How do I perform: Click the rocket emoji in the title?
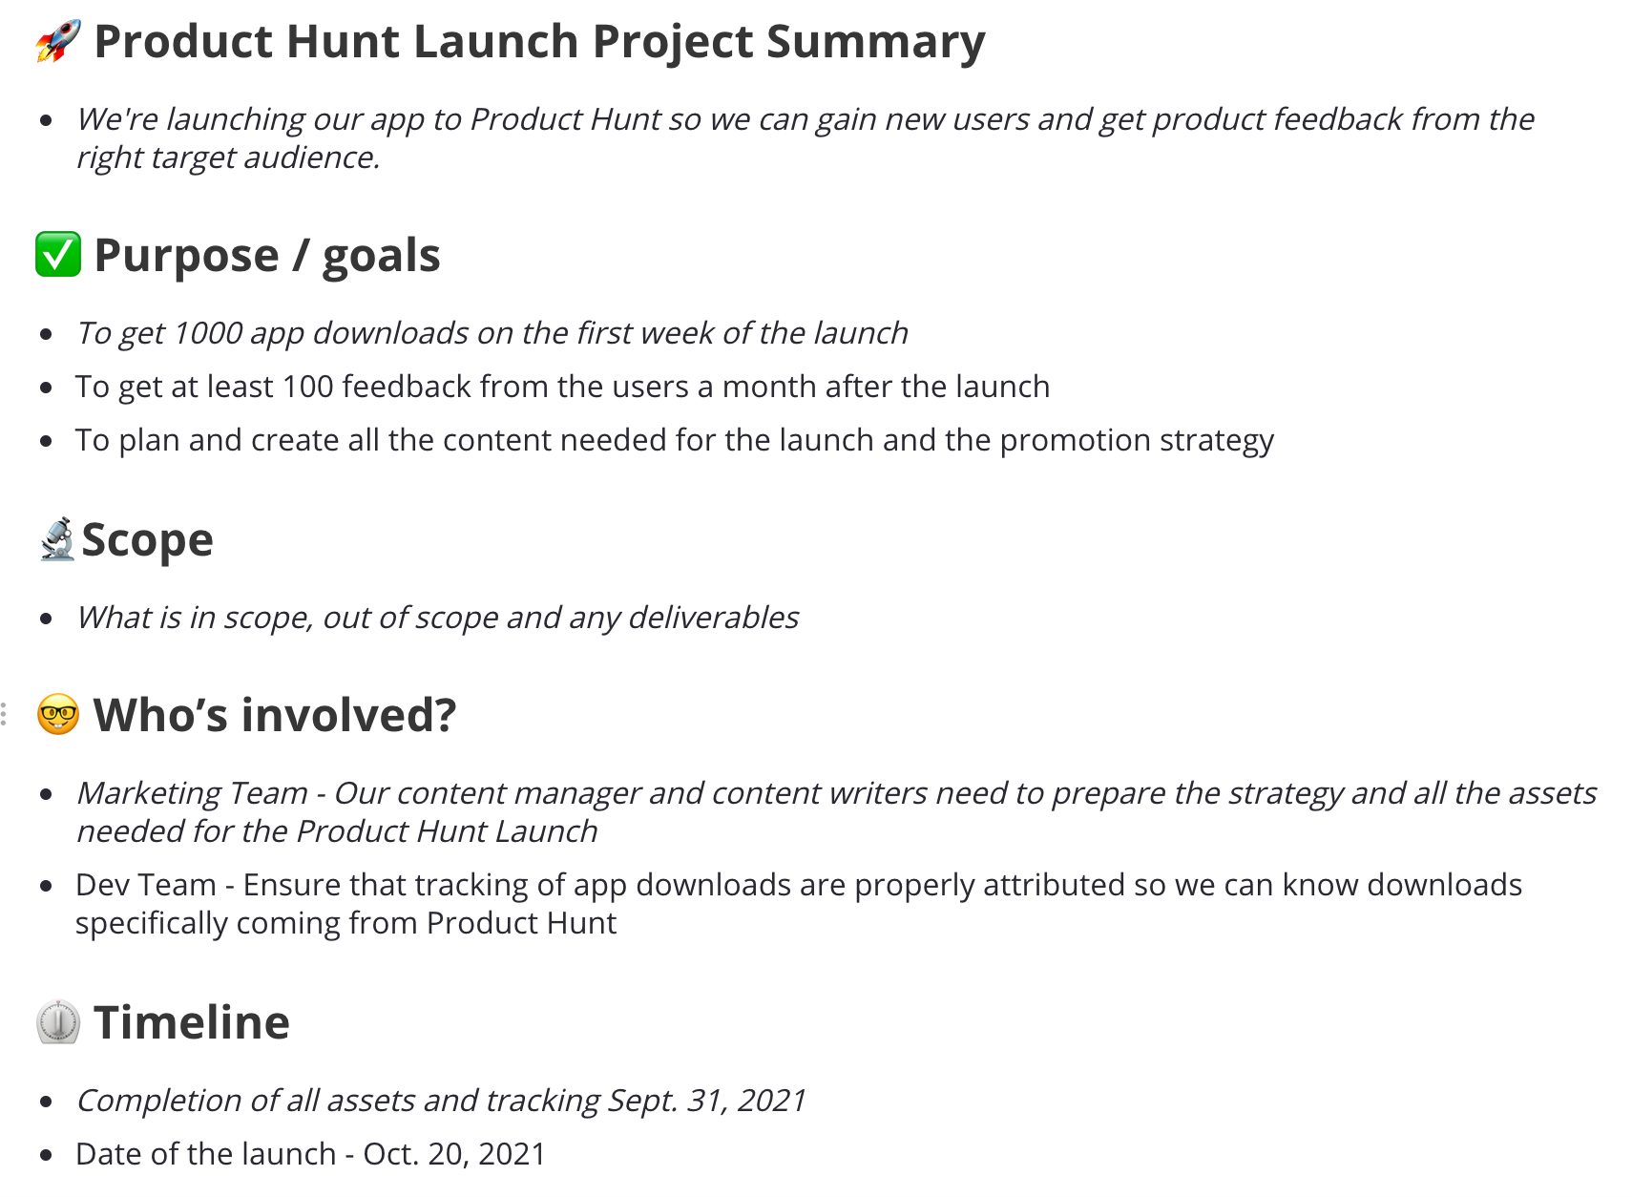click(58, 41)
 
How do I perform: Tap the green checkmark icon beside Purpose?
click(58, 254)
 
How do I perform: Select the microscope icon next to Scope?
click(57, 539)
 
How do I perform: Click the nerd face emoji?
click(58, 715)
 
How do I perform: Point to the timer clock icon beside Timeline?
click(58, 1022)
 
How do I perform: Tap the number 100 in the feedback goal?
click(308, 387)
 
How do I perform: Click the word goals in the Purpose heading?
click(381, 257)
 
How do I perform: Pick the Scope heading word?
click(148, 540)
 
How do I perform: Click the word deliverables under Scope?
click(713, 617)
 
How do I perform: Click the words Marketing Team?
click(193, 792)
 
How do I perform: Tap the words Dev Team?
click(146, 885)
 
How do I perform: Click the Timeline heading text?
click(192, 1022)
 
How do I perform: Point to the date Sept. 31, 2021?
click(706, 1100)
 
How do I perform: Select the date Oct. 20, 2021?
click(454, 1154)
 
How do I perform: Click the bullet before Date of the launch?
click(47, 1155)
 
